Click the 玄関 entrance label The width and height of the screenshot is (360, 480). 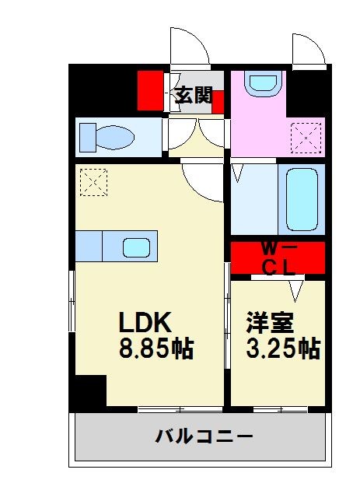[x=194, y=95]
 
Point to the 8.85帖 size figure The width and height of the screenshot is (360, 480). [x=156, y=348]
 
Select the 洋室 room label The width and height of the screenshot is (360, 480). [x=270, y=322]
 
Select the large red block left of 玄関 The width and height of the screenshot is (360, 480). [x=152, y=90]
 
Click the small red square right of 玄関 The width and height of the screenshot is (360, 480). [x=218, y=101]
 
